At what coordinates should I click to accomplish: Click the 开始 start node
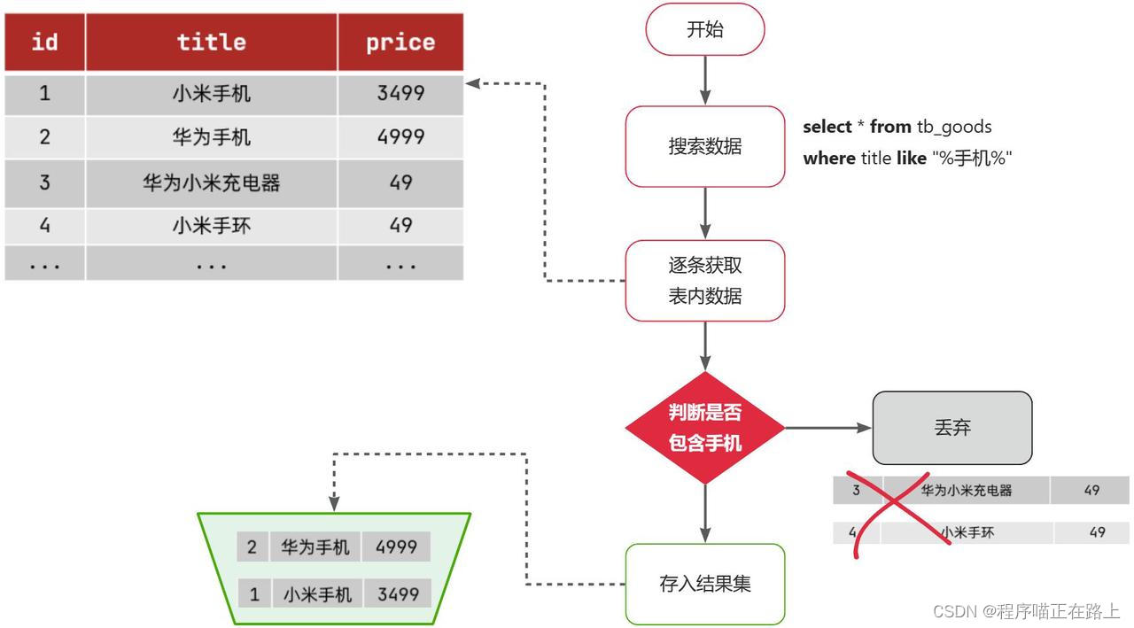tap(704, 29)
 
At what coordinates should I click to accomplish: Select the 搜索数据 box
tap(704, 146)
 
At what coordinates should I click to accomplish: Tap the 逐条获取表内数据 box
tap(704, 280)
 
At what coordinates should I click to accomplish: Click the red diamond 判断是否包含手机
tap(704, 428)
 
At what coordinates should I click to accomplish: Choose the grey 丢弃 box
tap(952, 428)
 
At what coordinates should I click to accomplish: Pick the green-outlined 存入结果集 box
tap(704, 584)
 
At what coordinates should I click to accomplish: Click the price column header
tap(400, 43)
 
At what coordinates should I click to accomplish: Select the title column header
tap(211, 43)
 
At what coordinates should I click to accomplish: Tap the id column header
tap(44, 43)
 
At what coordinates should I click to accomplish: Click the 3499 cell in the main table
tap(400, 93)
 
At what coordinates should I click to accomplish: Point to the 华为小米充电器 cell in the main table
tap(211, 182)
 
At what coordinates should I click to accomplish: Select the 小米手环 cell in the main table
tap(211, 226)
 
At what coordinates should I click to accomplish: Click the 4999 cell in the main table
tap(400, 137)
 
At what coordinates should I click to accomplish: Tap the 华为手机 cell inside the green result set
tap(315, 547)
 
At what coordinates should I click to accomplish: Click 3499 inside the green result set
tap(398, 593)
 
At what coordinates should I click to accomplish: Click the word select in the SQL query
tap(827, 127)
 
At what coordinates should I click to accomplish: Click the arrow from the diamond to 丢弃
tap(827, 428)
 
